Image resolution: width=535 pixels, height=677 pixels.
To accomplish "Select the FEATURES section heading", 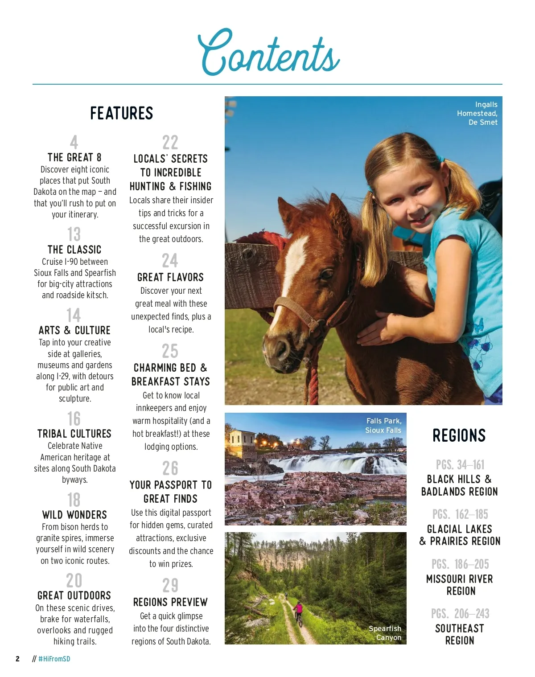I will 121,113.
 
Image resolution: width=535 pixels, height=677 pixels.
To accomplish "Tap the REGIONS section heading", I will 459,435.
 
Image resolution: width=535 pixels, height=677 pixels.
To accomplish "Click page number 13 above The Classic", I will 74,234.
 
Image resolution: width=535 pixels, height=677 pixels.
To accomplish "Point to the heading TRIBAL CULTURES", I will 74,434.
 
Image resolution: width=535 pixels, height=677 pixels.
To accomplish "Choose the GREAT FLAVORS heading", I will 170,277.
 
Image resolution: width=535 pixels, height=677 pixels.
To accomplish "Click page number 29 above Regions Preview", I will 170,585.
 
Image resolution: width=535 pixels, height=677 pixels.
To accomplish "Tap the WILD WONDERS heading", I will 74,515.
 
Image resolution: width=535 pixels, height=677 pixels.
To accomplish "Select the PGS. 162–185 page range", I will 460,514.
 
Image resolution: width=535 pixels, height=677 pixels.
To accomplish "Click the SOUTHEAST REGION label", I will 460,634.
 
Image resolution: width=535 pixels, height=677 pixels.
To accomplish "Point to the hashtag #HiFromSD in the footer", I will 54,659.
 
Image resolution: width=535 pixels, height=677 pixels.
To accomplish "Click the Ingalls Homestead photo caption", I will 477,113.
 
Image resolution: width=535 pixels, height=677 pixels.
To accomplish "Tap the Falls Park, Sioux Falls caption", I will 383,426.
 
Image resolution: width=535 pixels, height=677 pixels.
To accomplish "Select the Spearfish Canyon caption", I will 385,633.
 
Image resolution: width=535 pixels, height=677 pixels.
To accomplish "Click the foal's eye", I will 327,275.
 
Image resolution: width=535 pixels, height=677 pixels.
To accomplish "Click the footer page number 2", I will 17,659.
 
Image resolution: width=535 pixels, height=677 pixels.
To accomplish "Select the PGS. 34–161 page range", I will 460,465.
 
